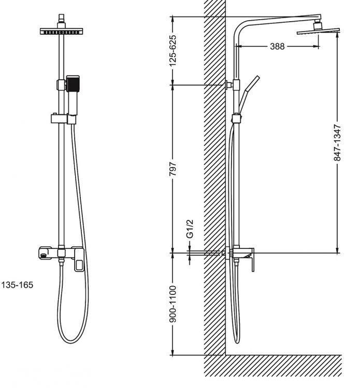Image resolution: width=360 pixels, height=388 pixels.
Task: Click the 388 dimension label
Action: tap(278, 47)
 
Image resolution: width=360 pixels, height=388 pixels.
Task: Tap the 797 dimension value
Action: tap(174, 169)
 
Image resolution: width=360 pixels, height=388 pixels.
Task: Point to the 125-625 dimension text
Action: tap(174, 50)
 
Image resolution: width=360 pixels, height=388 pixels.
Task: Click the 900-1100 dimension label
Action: tap(174, 304)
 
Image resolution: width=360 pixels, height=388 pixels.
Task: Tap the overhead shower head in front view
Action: tap(62, 31)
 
